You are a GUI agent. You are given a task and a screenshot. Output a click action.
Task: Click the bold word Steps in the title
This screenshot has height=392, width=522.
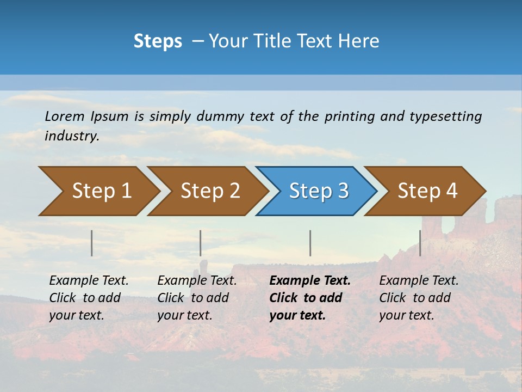pyautogui.click(x=158, y=41)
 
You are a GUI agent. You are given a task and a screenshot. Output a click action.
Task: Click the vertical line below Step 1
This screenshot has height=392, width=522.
pyautogui.click(x=92, y=243)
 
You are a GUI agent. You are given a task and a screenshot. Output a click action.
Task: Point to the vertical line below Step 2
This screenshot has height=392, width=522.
pyautogui.click(x=201, y=243)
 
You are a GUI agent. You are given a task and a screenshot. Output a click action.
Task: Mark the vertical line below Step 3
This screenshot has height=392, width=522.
pyautogui.click(x=310, y=243)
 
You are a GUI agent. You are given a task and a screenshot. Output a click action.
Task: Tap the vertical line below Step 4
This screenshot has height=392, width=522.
pyautogui.click(x=420, y=243)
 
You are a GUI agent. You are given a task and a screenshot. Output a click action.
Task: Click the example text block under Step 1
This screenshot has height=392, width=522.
pyautogui.click(x=88, y=298)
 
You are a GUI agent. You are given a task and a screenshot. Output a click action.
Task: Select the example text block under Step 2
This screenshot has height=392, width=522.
pyautogui.click(x=196, y=298)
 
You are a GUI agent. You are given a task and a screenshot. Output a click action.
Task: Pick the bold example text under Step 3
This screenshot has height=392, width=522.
pyautogui.click(x=309, y=298)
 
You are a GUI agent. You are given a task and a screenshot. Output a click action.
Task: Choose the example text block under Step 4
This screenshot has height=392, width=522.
pyautogui.click(x=418, y=298)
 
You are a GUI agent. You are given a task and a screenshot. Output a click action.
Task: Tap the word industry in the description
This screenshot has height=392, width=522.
pyautogui.click(x=72, y=136)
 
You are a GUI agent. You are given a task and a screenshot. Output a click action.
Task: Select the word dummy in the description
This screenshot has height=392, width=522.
pyautogui.click(x=220, y=117)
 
